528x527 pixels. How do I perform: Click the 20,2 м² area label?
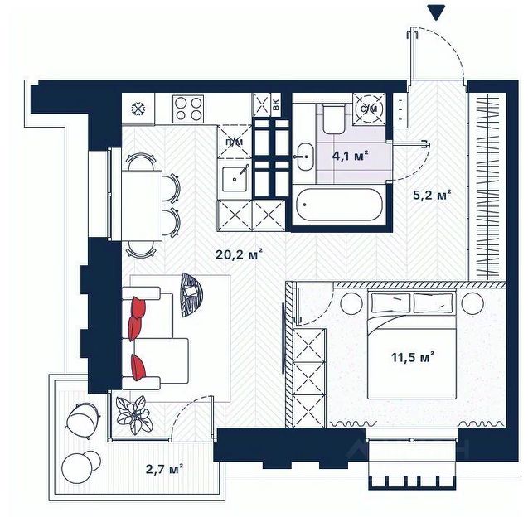239,254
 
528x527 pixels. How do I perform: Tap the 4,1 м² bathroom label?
350,157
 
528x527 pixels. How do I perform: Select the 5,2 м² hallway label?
432,196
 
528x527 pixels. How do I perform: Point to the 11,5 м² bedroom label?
413,357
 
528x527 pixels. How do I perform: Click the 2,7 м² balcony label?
164,469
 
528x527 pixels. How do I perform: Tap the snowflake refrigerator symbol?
137,109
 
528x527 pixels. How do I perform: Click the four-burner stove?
188,109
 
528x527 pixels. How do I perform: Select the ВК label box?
276,104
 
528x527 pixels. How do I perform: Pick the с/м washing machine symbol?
369,109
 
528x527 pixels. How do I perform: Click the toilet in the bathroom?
333,118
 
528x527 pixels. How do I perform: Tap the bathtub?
339,205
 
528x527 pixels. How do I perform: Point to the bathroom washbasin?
305,157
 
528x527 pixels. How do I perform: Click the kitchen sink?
235,179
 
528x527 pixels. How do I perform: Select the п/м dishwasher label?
235,142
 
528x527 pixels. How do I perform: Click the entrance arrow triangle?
436,12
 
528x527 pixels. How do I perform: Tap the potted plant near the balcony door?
134,414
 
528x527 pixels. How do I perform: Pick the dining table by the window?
142,205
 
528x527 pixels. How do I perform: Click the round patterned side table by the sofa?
191,294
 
